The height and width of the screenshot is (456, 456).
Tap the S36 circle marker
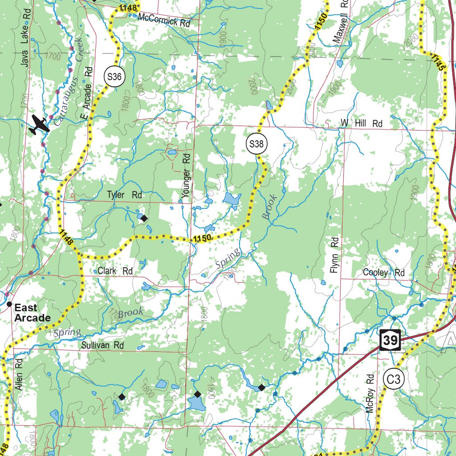coord(114,77)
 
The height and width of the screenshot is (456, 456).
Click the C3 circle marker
coord(395,380)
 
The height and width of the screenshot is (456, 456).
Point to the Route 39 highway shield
coord(391,340)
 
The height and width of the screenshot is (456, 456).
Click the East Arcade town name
coord(32,313)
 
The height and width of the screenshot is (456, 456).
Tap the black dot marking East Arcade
coord(9,304)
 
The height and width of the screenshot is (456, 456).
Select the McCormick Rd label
coord(163,20)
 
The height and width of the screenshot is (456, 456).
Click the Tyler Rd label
coord(124,195)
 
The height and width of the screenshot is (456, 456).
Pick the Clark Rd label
coord(115,271)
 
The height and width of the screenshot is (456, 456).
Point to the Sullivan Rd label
coord(102,345)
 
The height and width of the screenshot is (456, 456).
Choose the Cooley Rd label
coord(383,273)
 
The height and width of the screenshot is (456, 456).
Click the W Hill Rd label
coord(362,123)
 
